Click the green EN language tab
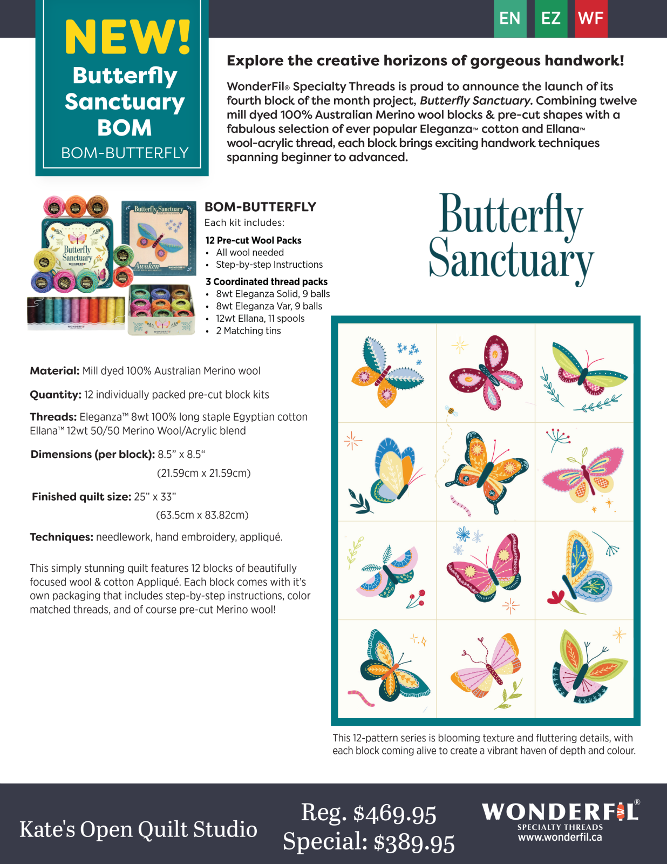(509, 18)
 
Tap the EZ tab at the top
(550, 18)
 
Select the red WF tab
(590, 18)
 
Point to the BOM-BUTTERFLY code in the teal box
(125, 153)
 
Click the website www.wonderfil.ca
(560, 838)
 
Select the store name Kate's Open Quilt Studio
(138, 829)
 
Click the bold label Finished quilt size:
(81, 497)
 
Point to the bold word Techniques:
(62, 537)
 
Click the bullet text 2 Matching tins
(248, 331)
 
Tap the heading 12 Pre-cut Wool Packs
(253, 240)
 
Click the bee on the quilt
(451, 411)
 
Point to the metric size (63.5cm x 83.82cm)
(202, 515)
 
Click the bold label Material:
(55, 371)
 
